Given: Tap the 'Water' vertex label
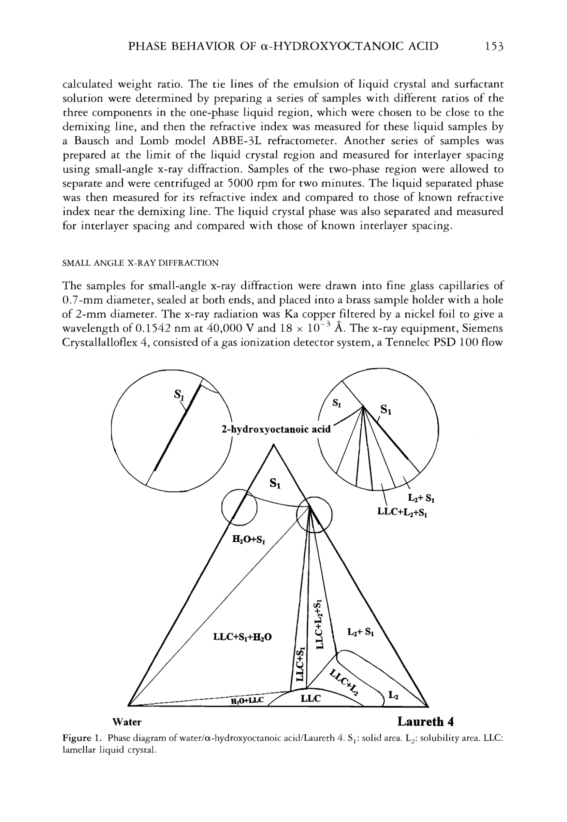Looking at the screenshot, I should tap(127, 722).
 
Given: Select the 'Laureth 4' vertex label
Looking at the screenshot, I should tap(425, 721).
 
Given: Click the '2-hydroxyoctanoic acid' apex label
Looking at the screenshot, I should tap(276, 429).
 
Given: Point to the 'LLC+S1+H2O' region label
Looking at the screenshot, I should tap(242, 637).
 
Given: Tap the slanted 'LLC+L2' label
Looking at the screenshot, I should tap(344, 682).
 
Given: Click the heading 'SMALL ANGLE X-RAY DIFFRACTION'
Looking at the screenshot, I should tap(140, 263).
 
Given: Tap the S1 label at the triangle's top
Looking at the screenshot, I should tap(275, 483).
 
